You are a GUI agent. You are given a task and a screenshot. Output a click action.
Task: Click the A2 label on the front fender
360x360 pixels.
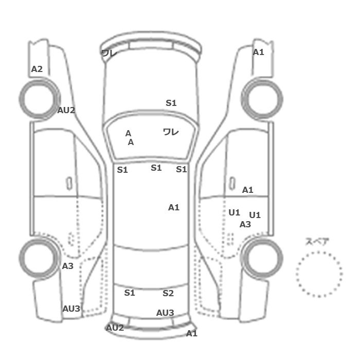point(37,69)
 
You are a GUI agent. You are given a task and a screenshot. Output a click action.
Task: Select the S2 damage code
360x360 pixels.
point(168,293)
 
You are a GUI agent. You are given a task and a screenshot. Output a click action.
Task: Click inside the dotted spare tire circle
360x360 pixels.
point(319,274)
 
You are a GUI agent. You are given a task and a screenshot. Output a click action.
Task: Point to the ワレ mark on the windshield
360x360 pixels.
point(171,132)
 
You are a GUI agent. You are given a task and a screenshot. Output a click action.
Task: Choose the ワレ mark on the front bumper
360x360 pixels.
point(109,53)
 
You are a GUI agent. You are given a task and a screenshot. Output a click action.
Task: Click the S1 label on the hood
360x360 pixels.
point(171,103)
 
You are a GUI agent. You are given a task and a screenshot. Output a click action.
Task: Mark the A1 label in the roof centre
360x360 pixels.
point(174,208)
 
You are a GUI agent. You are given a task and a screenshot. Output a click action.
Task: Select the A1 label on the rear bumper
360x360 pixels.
point(191,333)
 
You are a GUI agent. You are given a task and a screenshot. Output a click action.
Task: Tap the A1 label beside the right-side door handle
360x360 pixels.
point(248,190)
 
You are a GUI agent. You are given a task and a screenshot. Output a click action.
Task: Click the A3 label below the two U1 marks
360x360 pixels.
point(245,224)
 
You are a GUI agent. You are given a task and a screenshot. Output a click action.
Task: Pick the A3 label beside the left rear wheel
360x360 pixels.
point(68,266)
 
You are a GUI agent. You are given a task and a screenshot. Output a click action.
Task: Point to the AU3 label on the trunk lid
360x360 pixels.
point(165,313)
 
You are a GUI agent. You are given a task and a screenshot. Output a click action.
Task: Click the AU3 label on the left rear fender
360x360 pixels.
point(71,309)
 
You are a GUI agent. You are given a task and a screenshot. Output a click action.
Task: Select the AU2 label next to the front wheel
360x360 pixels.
point(66,111)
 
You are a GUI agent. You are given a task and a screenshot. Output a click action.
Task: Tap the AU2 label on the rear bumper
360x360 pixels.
point(115,328)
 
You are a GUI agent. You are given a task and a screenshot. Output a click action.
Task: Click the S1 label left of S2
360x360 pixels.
point(130,293)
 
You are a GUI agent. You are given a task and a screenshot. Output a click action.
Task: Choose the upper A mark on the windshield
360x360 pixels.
point(128,133)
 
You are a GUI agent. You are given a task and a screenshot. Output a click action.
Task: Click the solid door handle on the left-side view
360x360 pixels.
point(69,183)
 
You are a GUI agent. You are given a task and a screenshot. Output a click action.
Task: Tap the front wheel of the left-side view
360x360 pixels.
point(39,99)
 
